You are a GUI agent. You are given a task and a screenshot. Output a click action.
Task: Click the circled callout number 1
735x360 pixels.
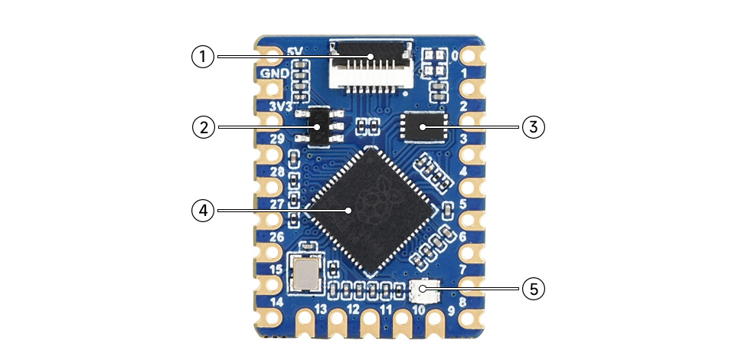(x=203, y=56)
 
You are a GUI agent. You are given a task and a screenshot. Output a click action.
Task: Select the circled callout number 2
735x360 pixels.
(x=203, y=126)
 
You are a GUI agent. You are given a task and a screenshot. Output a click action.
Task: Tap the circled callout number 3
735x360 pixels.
(x=534, y=126)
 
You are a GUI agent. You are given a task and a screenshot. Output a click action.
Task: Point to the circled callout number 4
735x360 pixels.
(x=203, y=211)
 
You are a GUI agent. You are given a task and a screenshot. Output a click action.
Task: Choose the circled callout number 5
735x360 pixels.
(x=534, y=290)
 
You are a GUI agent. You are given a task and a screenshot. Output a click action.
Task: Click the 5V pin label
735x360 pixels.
(x=295, y=51)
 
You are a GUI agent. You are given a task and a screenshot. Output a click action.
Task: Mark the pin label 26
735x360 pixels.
(x=276, y=237)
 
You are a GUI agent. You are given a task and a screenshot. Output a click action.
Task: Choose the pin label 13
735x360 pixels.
(x=321, y=309)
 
